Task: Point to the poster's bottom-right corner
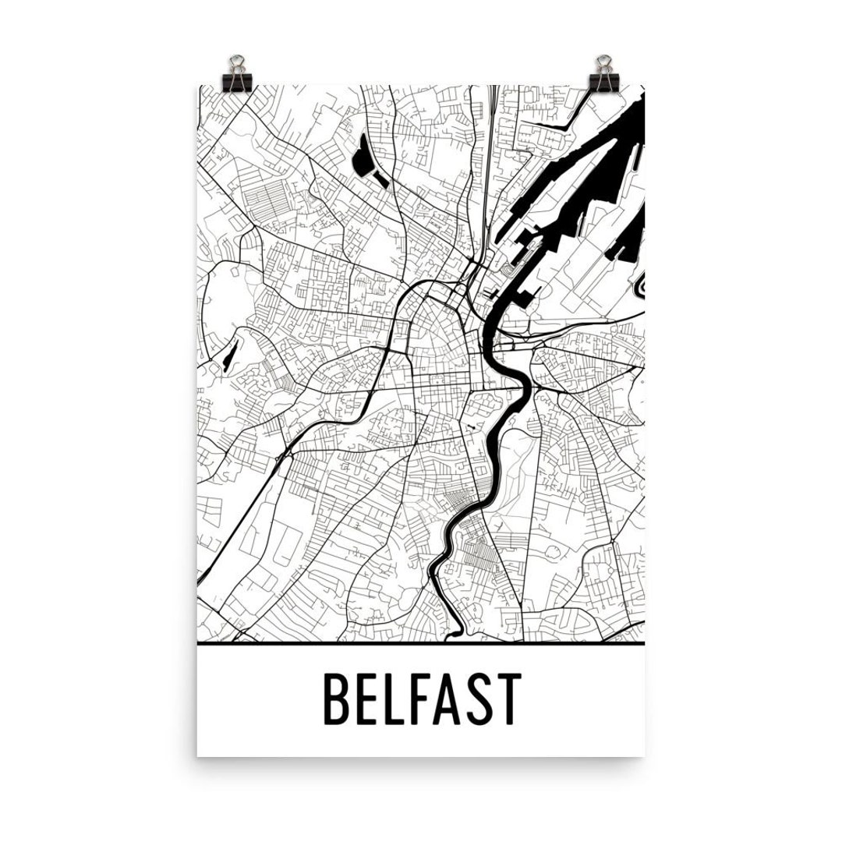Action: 645,755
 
